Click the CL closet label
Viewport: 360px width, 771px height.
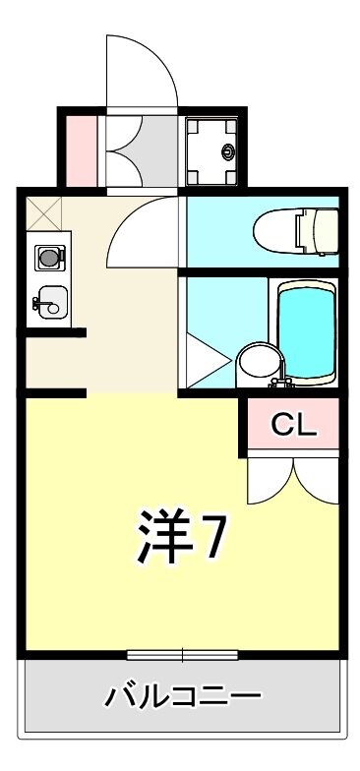coord(293,426)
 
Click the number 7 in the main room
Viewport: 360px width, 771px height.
coord(215,536)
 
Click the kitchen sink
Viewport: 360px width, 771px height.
coord(48,303)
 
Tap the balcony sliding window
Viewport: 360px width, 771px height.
coord(182,654)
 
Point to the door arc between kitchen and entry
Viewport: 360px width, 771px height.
coord(144,231)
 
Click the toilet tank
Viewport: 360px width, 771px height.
coord(325,230)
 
